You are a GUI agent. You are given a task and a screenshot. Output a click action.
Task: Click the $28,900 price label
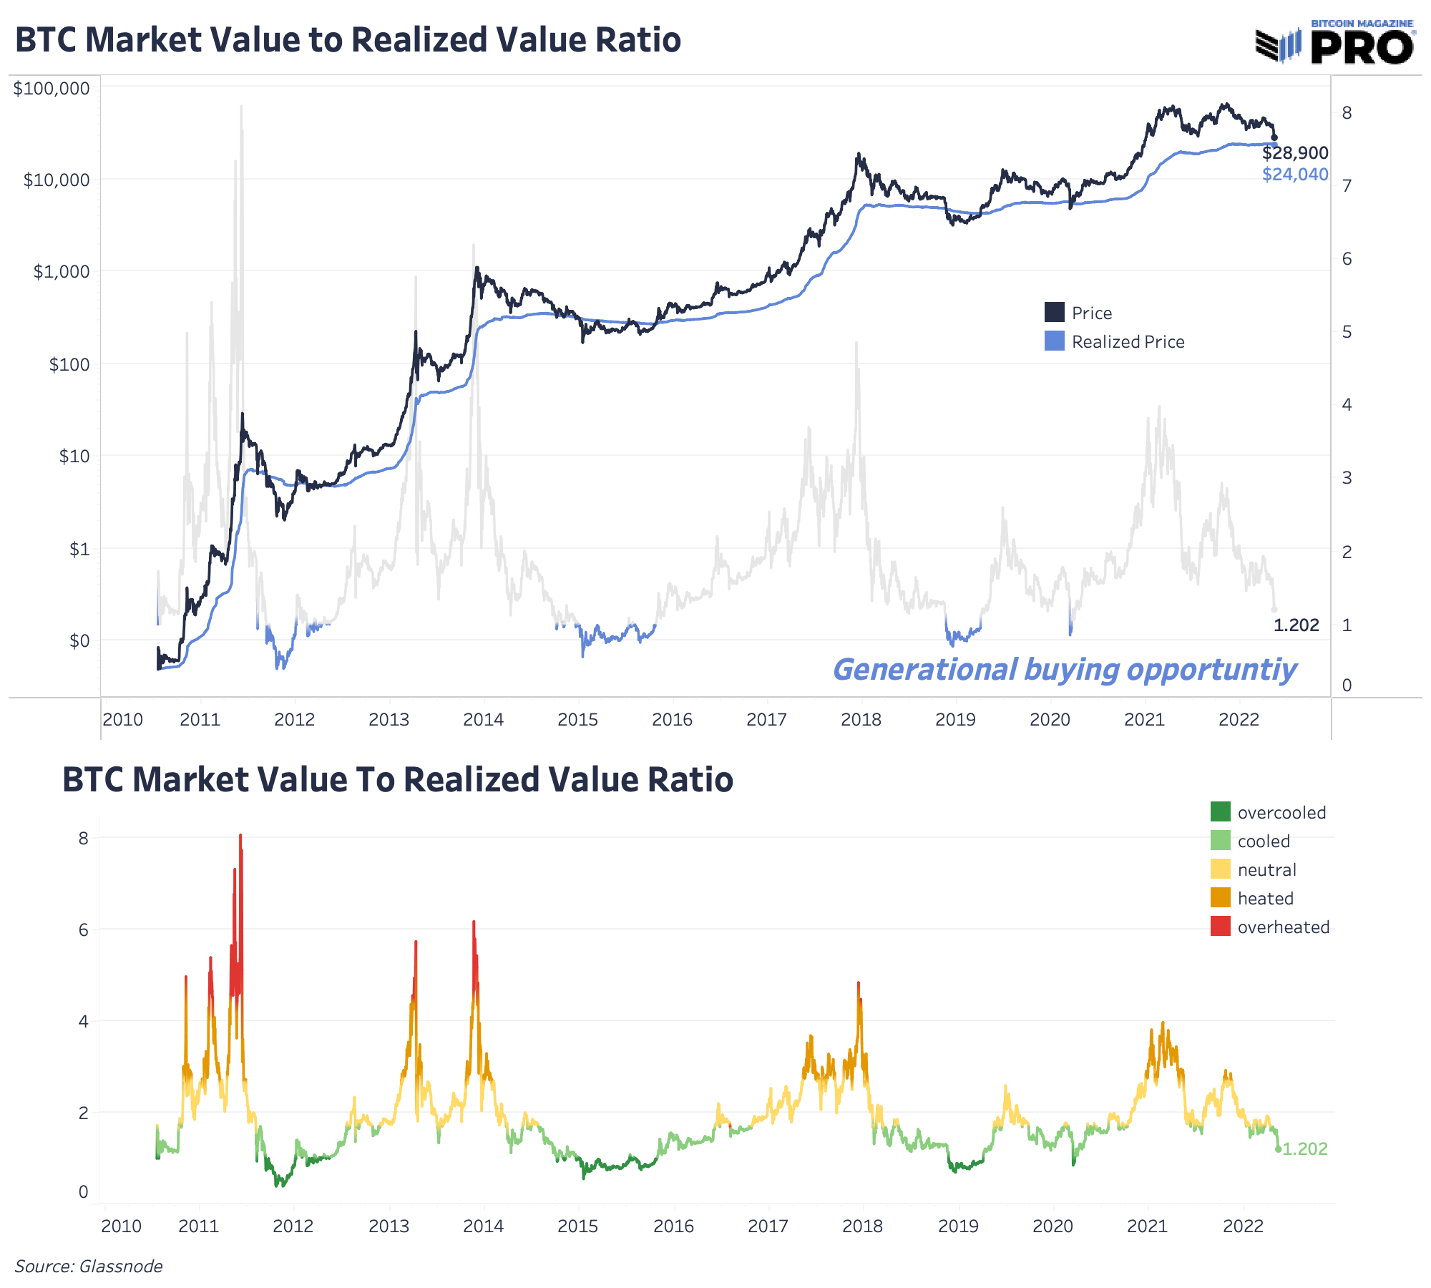click(x=1295, y=153)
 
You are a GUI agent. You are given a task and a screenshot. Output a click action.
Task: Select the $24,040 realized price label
click(x=1295, y=175)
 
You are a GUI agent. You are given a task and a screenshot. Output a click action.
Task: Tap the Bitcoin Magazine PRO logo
click(x=1335, y=43)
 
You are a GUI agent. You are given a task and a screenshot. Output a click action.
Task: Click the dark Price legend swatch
click(x=1055, y=313)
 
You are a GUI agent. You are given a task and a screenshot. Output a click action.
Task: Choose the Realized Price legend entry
click(x=1128, y=342)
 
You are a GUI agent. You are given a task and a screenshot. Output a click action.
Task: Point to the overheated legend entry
click(x=1283, y=927)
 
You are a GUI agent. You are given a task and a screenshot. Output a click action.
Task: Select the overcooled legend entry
click(x=1281, y=813)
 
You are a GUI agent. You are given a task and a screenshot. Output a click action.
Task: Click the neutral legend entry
click(x=1266, y=870)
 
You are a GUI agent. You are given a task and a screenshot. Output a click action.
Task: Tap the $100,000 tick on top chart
click(x=52, y=88)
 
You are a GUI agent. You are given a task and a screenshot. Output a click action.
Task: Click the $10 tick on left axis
click(x=74, y=456)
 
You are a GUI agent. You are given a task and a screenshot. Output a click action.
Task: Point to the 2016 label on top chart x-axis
click(x=672, y=720)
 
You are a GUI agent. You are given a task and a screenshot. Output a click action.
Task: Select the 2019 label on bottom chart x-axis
click(x=958, y=1226)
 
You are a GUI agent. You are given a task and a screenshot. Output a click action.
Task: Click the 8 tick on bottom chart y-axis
click(x=84, y=838)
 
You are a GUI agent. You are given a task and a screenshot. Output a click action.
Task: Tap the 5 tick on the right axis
click(x=1347, y=332)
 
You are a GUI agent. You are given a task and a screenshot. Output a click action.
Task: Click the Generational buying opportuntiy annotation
click(x=1065, y=670)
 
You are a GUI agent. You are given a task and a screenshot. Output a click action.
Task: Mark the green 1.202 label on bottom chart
click(x=1304, y=1149)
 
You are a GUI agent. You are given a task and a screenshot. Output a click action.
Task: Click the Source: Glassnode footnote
click(x=89, y=1267)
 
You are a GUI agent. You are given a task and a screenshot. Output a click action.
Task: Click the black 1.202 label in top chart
click(x=1296, y=625)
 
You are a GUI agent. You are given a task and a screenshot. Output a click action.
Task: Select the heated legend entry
click(x=1265, y=899)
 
